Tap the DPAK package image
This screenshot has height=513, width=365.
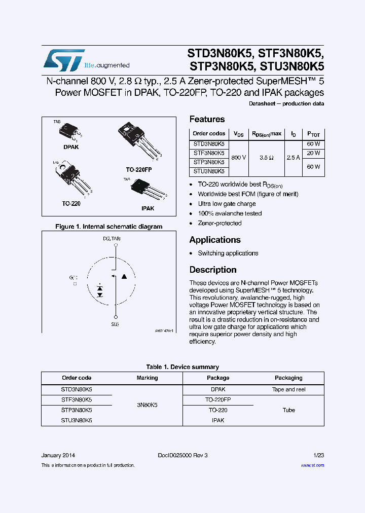[70, 132]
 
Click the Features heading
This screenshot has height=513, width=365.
[207, 119]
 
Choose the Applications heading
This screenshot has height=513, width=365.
[215, 240]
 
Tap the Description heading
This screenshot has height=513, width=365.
[213, 270]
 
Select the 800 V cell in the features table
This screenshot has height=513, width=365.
[238, 158]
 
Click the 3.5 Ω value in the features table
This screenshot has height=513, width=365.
[267, 158]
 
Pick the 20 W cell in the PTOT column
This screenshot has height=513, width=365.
[313, 153]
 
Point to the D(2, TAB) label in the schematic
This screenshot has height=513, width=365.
[112, 238]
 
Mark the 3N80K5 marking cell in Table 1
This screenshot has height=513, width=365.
[147, 405]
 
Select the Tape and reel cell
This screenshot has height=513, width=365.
[288, 389]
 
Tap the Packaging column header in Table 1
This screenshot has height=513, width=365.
[288, 378]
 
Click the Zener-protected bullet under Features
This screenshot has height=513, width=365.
[220, 223]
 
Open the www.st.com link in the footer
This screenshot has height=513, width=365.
[312, 465]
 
